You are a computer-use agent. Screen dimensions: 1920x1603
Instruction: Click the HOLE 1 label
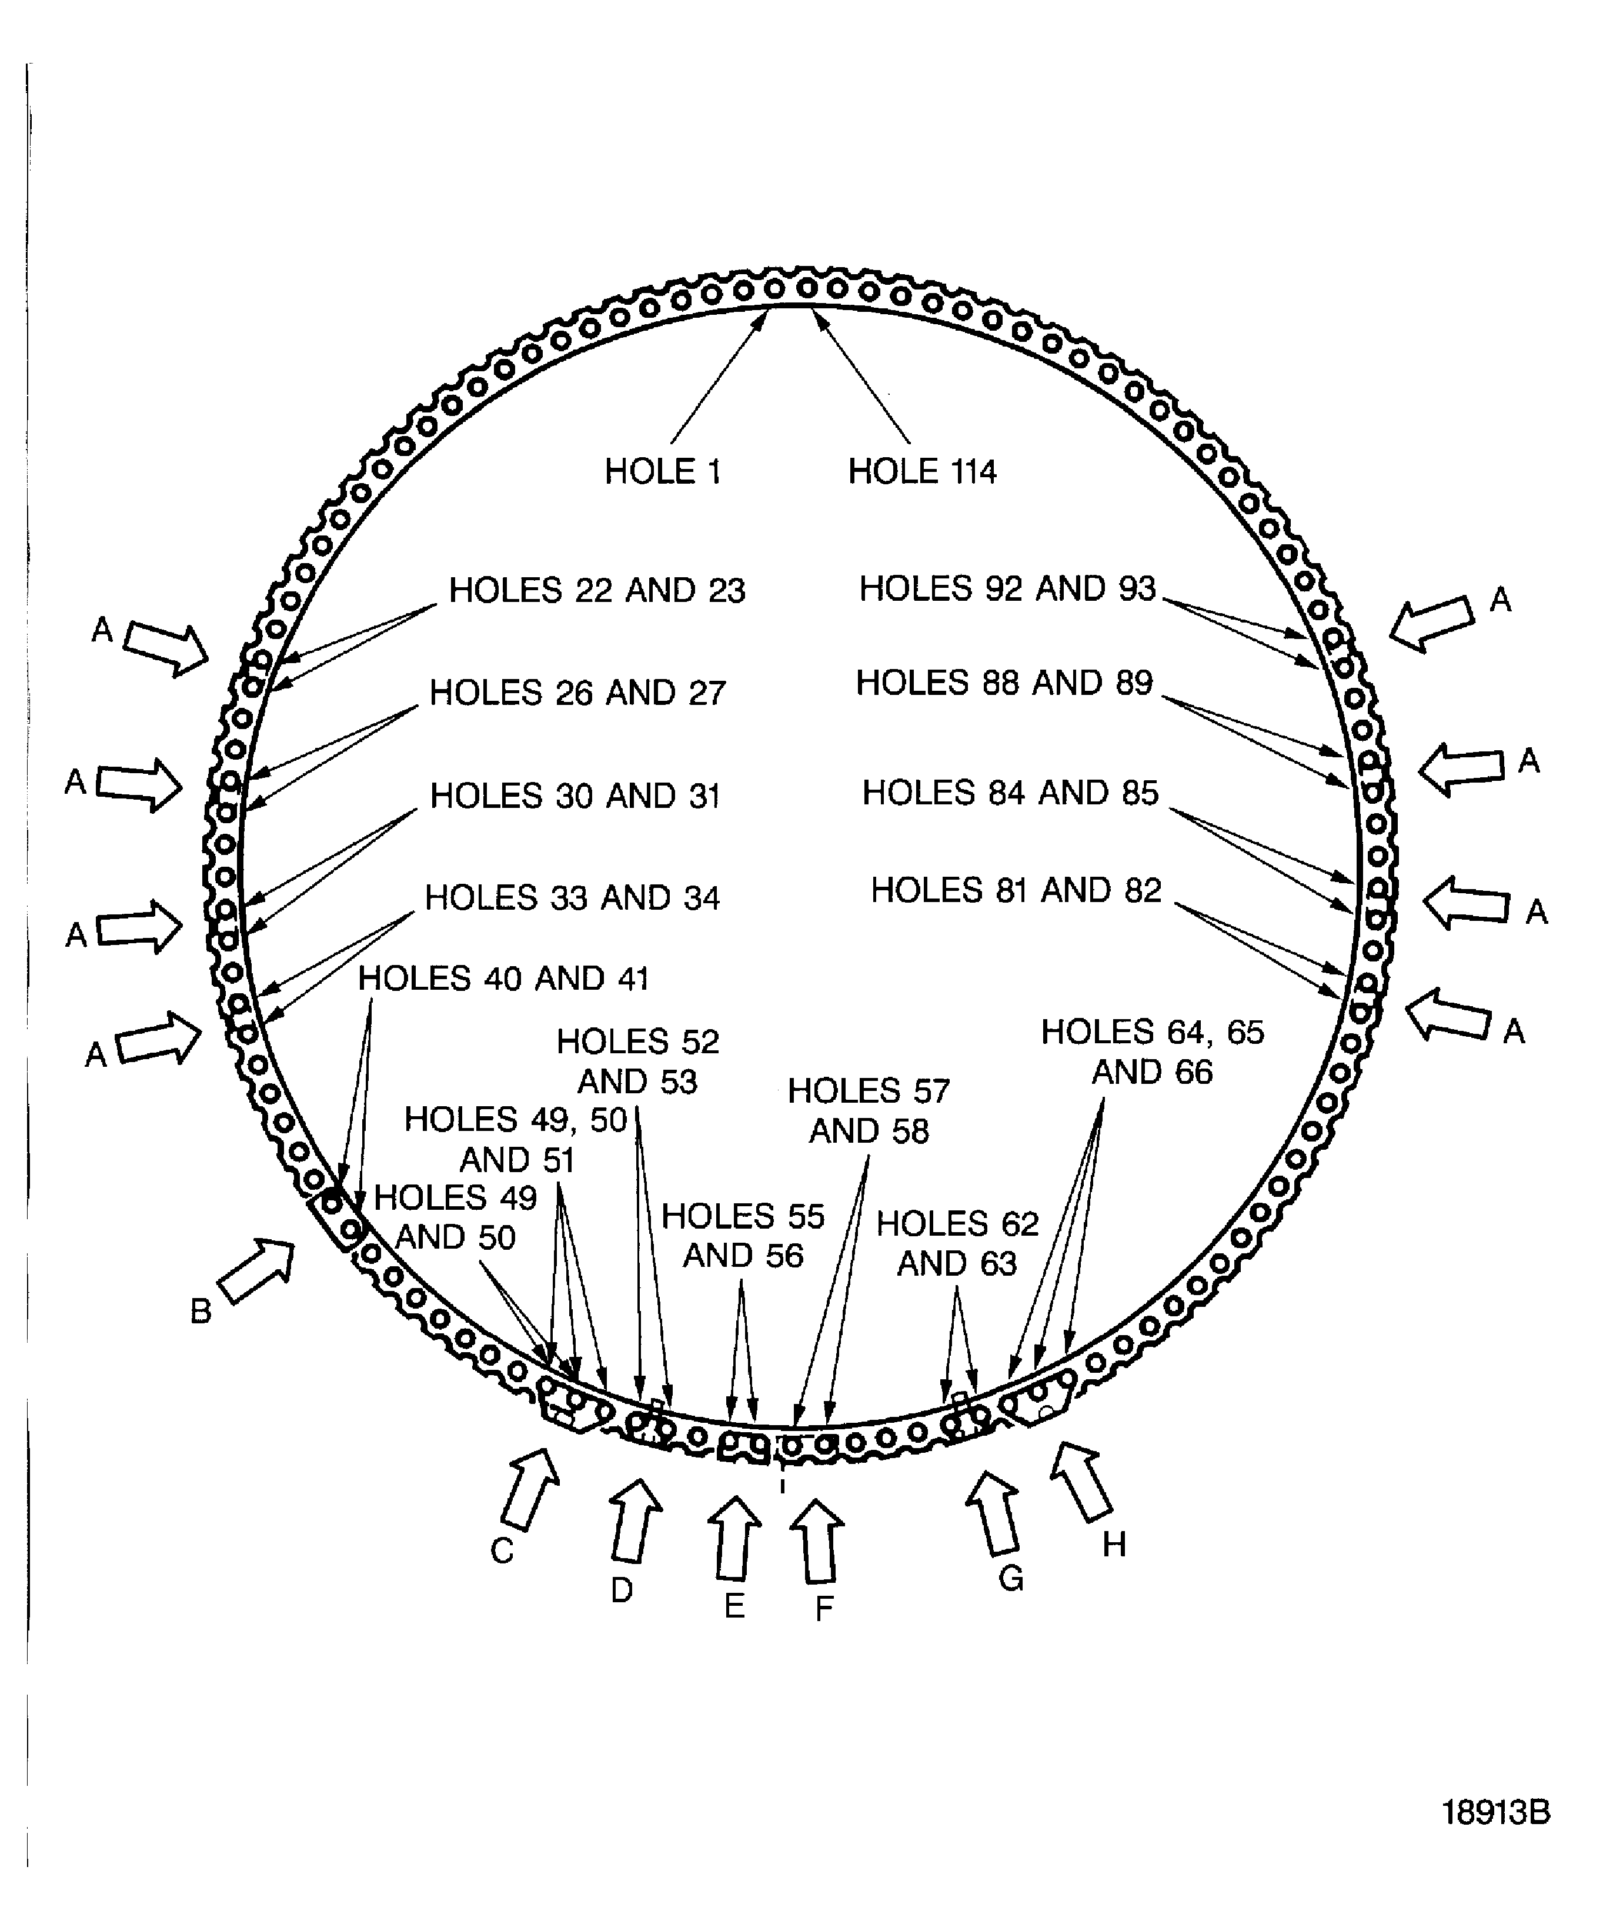(663, 472)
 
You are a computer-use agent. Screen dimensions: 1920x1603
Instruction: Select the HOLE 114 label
(921, 472)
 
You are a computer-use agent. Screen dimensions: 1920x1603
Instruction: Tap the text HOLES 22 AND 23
(597, 591)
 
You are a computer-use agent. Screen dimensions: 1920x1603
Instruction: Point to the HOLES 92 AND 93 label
(1007, 589)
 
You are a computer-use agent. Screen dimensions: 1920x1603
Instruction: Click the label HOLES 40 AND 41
(503, 979)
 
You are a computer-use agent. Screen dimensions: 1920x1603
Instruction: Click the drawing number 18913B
(1495, 1812)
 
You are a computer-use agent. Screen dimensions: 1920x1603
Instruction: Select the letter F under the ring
(824, 1608)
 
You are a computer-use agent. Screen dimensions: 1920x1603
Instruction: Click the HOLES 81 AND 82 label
(1016, 890)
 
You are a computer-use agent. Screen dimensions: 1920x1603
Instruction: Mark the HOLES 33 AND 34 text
(572, 898)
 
